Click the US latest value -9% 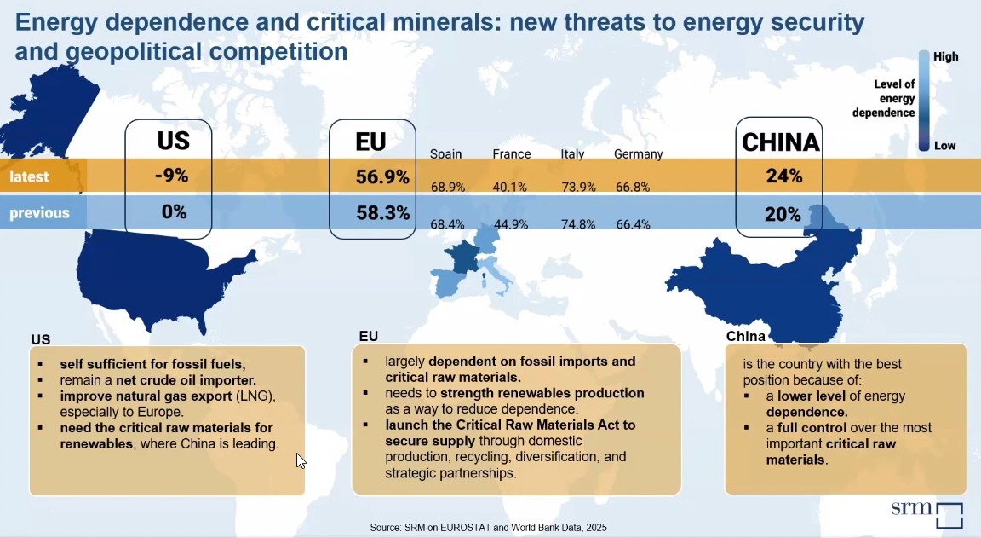point(172,176)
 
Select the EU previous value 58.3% point(382,213)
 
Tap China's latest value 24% point(783,176)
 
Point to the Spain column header point(446,154)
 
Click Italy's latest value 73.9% point(578,187)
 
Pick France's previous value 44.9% point(511,224)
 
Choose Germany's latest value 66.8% point(633,187)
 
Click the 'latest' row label point(29,177)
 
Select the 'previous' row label point(39,213)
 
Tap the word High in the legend point(945,56)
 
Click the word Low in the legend point(945,146)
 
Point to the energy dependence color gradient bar point(923,101)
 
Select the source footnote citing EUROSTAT point(488,528)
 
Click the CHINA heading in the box point(780,142)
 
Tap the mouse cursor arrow point(301,460)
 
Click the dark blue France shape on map point(465,257)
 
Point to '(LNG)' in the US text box point(255,396)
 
